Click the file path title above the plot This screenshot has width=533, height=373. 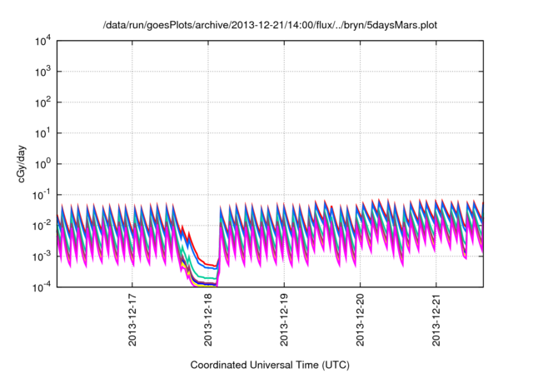tap(269, 25)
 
